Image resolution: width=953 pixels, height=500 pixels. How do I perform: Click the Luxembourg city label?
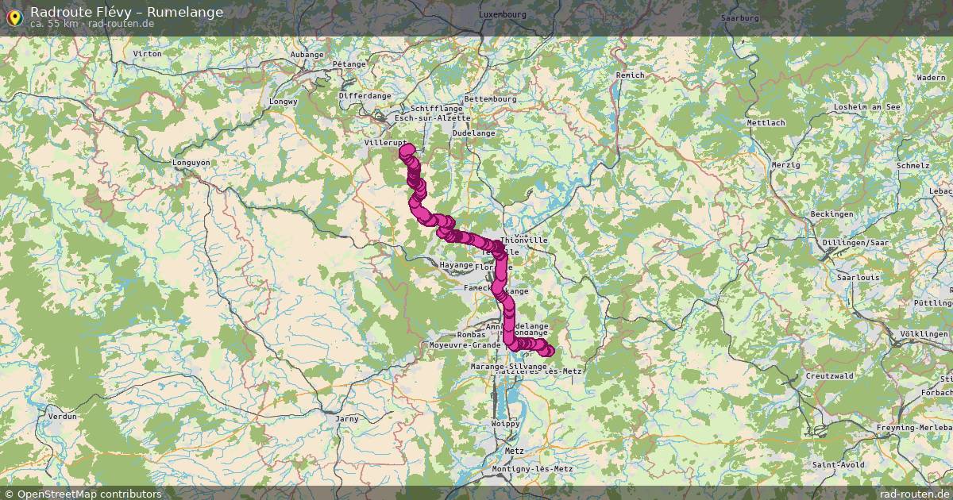tap(503, 14)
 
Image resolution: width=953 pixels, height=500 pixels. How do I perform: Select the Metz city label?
tap(514, 450)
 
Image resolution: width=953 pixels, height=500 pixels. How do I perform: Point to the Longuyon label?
tap(191, 163)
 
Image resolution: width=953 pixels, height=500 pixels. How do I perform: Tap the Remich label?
tap(630, 75)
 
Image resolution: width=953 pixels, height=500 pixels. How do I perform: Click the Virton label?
tap(148, 53)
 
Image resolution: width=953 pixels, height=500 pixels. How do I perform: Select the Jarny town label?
tap(347, 418)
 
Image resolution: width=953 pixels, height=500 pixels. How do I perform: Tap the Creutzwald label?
tap(828, 375)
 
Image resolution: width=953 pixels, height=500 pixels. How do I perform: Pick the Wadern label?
tap(931, 78)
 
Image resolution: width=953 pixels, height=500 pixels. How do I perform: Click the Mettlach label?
tap(766, 123)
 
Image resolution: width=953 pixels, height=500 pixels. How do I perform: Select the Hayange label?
tap(456, 265)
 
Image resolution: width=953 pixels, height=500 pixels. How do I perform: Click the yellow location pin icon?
tap(14, 16)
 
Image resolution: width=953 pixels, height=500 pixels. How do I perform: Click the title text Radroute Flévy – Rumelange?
tap(126, 12)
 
